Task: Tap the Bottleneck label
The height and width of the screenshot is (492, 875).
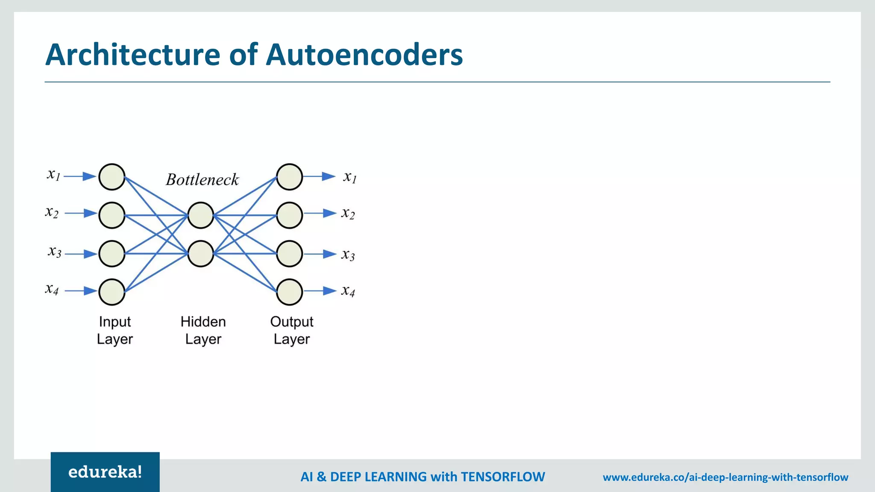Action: [202, 179]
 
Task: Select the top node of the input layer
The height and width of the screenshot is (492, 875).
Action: [112, 176]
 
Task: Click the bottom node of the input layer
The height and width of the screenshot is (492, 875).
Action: [112, 292]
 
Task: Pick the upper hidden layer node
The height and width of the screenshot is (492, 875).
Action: [201, 215]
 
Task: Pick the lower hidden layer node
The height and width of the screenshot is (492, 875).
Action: [201, 254]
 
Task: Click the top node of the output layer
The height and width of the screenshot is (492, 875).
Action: [289, 176]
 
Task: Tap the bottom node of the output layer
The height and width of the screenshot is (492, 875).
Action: [289, 292]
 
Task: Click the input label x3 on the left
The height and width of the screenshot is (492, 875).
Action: [54, 252]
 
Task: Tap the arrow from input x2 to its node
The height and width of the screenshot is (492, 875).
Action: [81, 213]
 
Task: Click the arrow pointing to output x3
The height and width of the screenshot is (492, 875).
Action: [321, 254]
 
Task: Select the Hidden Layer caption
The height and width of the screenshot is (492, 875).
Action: [203, 330]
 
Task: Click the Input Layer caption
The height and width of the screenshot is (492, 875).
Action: [115, 330]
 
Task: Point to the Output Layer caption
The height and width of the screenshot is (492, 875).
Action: [292, 330]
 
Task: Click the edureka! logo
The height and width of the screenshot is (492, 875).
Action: [105, 472]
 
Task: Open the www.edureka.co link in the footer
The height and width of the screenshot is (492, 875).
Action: [725, 477]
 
